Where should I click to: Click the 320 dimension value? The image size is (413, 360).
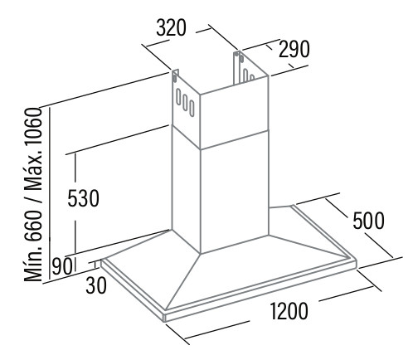[x=172, y=28]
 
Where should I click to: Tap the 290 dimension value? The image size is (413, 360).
[x=294, y=49]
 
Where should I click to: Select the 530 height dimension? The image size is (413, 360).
[x=83, y=198]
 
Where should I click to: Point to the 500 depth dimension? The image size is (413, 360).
[x=368, y=221]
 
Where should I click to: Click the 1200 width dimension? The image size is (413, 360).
[x=289, y=311]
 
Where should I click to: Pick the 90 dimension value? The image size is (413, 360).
[x=62, y=266]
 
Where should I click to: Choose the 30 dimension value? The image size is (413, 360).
[x=96, y=285]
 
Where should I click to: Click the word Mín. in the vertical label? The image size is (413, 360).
[x=33, y=264]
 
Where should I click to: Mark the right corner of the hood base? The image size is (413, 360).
[x=356, y=261]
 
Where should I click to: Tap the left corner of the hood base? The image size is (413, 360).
[x=101, y=260]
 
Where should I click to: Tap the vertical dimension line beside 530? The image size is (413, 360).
[x=75, y=203]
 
